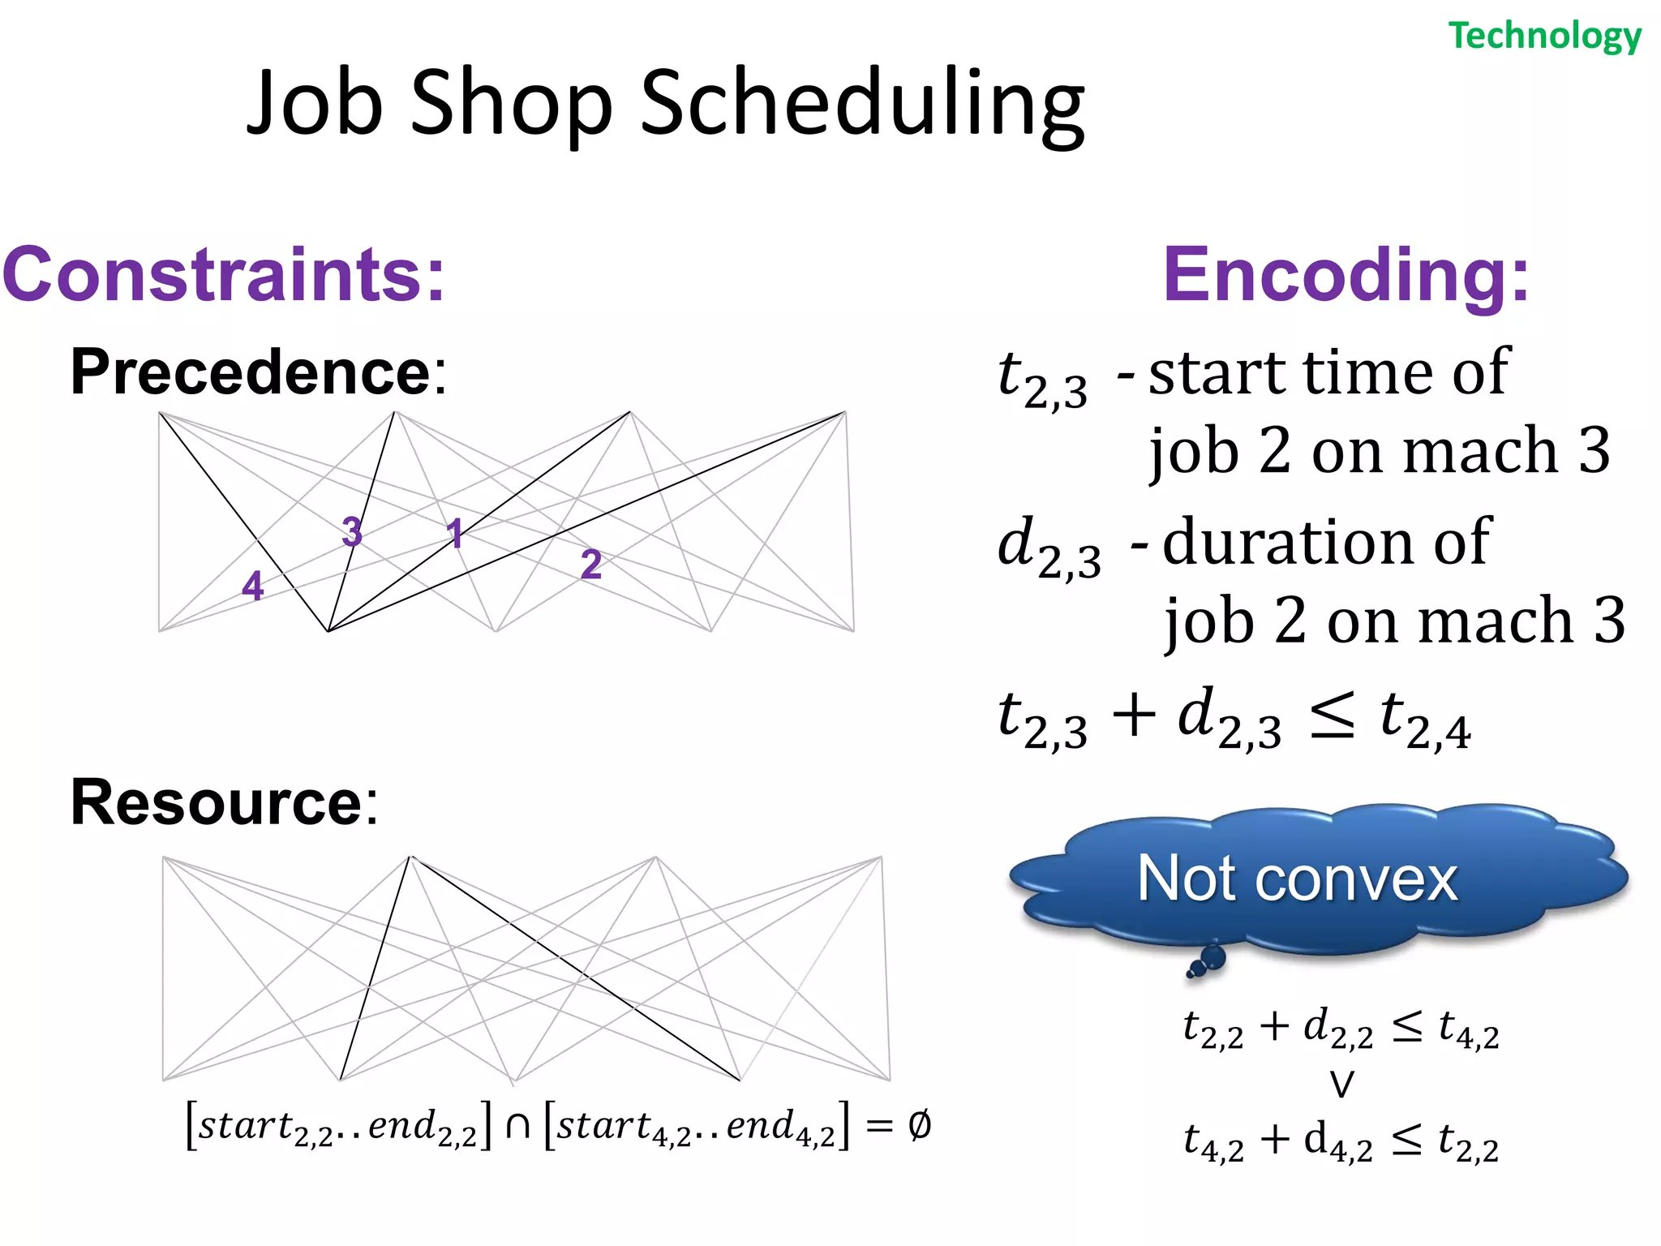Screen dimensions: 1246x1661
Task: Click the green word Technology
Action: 1544,37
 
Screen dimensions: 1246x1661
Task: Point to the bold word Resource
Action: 217,801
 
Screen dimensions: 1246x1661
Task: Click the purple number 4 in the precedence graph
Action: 253,586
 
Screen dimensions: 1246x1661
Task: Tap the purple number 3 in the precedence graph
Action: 352,532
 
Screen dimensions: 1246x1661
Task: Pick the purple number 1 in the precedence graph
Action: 455,534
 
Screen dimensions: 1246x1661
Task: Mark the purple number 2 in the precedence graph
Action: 591,565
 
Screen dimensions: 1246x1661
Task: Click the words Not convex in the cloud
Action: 1297,879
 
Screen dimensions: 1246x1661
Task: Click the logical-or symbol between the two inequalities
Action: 1342,1085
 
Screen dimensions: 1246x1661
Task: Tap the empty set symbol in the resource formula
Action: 919,1125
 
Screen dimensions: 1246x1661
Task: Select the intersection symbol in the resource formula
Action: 517,1126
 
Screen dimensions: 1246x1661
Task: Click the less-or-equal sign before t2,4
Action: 1333,716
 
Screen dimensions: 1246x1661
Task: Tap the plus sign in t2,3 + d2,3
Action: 1134,716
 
